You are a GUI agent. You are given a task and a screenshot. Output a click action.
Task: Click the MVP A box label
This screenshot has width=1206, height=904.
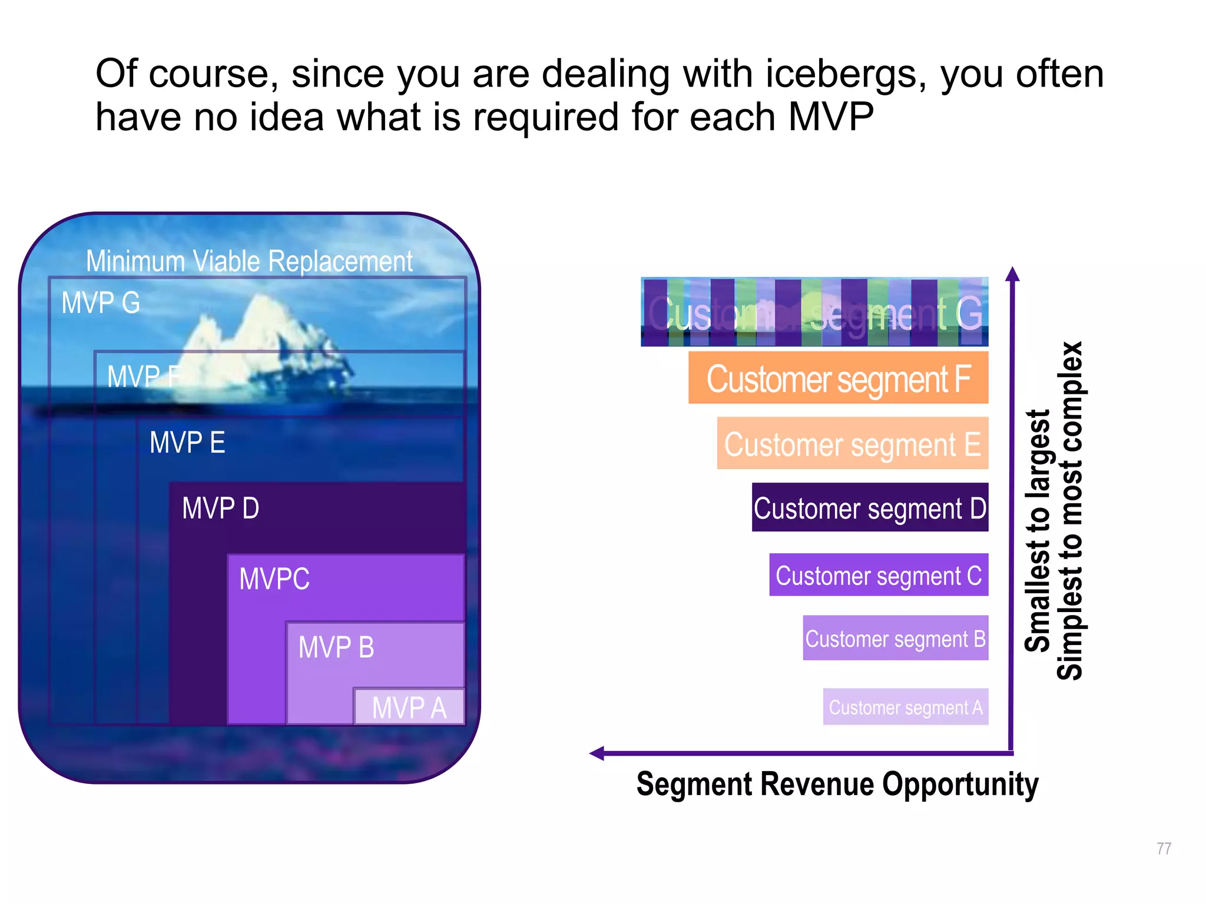coord(409,707)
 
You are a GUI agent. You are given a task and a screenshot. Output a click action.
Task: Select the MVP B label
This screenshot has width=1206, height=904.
coord(336,647)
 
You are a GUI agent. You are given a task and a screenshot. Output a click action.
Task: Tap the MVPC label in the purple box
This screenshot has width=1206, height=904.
coord(274,579)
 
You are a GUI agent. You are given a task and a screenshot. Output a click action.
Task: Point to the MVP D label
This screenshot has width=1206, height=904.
coord(220,508)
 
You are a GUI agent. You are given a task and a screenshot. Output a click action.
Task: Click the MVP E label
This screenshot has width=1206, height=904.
coord(187,443)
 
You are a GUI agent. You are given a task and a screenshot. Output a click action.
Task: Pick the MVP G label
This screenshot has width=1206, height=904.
coord(101,303)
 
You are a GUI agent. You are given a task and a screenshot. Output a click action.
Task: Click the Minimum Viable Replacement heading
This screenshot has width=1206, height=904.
coord(249,261)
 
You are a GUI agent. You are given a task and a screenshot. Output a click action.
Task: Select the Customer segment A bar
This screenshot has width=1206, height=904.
coord(905,707)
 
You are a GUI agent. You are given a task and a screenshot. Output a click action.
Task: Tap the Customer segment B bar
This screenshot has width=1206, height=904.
coord(895,639)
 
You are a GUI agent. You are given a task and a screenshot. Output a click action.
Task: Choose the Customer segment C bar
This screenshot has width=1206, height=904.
coord(878,575)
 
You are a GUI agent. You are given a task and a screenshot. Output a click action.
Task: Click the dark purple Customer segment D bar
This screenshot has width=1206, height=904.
coord(870,508)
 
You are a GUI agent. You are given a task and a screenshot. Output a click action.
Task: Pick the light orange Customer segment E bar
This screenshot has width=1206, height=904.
coord(852,444)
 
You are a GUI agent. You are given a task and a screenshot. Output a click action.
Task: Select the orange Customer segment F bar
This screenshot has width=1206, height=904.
coord(838,378)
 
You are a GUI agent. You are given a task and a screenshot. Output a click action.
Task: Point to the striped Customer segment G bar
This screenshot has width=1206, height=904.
coord(814,312)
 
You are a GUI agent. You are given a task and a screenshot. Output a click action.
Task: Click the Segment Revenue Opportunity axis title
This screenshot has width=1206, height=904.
coord(837,785)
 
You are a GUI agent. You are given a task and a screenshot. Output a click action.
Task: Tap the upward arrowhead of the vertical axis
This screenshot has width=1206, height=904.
coord(1012,274)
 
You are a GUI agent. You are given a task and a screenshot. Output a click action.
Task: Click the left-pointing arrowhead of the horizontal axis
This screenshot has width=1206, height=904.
coord(597,753)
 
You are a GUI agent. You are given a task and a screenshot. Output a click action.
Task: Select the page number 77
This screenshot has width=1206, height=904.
coord(1164,848)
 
